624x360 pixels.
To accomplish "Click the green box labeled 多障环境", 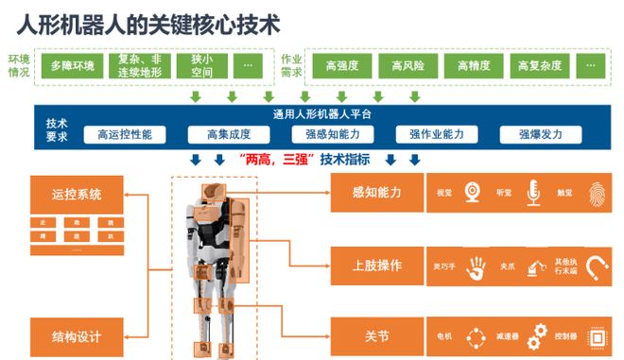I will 72,65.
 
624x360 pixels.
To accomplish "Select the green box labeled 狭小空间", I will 200,65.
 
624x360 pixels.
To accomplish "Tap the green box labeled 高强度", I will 339,65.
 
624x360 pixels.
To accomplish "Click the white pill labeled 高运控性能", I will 124,134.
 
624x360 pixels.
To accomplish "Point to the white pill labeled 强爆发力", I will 540,134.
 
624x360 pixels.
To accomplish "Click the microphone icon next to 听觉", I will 533,192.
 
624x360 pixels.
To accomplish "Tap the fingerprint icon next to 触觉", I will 594,192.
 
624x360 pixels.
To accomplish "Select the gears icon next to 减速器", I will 538,334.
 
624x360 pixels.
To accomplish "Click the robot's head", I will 216,187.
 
